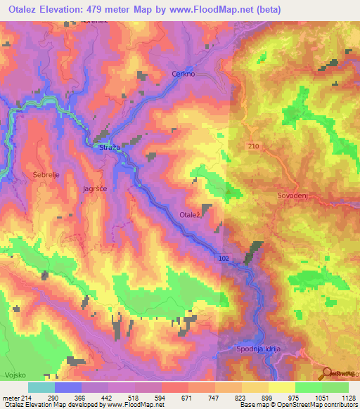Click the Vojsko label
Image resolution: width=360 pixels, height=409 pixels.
[x=15, y=375]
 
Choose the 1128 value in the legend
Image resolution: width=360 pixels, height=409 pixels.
[x=340, y=398]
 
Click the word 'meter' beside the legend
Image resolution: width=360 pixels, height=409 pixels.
[x=10, y=398]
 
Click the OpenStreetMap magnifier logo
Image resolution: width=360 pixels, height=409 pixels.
[x=326, y=372]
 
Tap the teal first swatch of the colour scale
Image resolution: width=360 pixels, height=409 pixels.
[x=41, y=387]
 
